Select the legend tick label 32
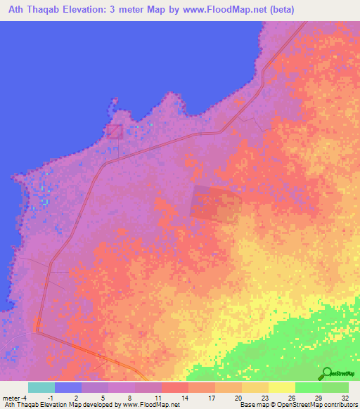(344, 398)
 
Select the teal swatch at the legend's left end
(41, 387)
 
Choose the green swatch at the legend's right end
(335, 387)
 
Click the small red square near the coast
(115, 131)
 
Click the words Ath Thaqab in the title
(34, 10)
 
